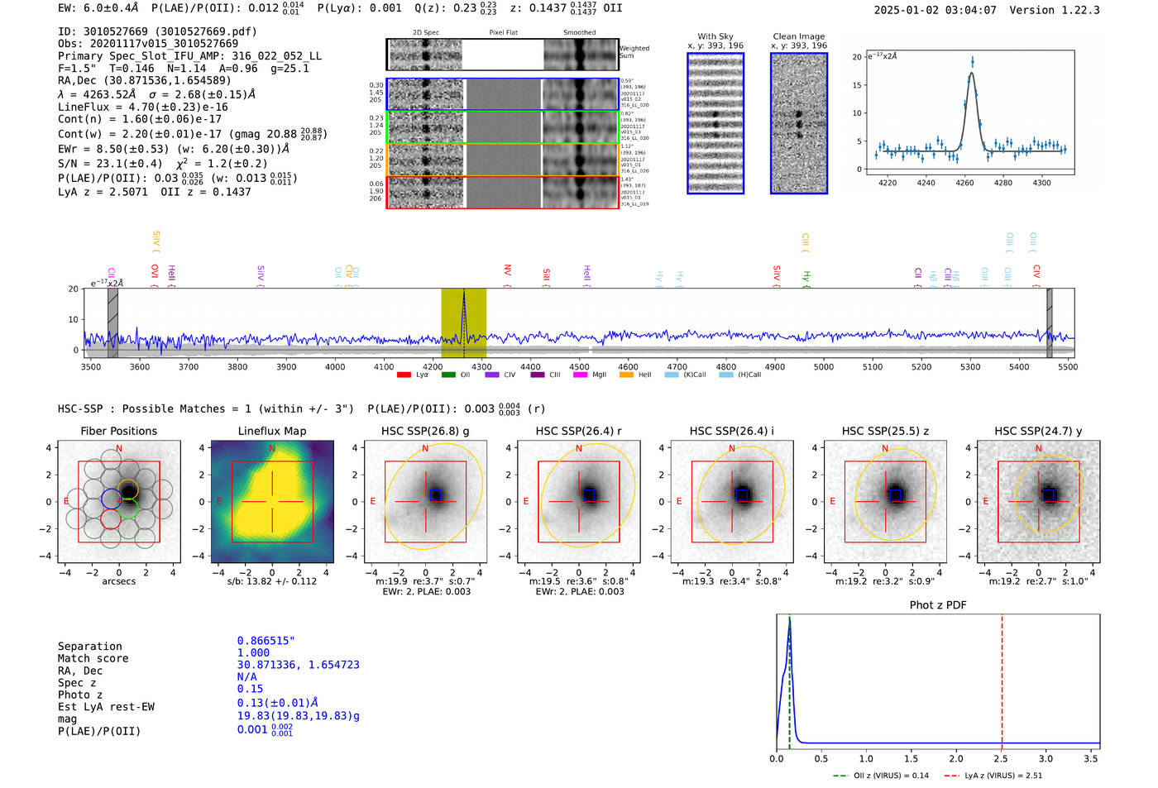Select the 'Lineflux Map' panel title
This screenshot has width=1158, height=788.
tap(271, 431)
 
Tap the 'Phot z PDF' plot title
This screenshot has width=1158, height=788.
tap(938, 604)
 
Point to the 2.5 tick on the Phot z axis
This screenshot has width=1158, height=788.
tap(1001, 758)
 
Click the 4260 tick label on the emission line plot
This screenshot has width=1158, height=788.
tap(964, 183)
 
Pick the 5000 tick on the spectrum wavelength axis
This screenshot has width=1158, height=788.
tap(824, 366)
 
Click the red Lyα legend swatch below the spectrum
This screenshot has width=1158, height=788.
tap(404, 375)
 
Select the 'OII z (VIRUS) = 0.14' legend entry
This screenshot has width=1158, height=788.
tap(880, 776)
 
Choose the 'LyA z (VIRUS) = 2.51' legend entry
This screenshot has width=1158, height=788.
tap(995, 776)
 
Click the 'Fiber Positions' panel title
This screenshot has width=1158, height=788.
tap(118, 431)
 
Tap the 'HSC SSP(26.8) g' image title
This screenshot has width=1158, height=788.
tap(425, 431)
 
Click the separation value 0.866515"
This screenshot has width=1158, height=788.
tap(266, 641)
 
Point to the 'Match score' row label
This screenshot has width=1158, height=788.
tap(93, 658)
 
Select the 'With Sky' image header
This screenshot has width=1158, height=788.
tap(715, 36)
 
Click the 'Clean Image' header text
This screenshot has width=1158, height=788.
tap(798, 36)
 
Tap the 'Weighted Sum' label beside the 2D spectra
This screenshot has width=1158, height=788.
tap(634, 52)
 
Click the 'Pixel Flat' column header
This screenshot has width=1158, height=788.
tap(503, 33)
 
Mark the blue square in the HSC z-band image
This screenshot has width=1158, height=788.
tap(895, 494)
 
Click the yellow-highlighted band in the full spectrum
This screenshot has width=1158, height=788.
tap(463, 322)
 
